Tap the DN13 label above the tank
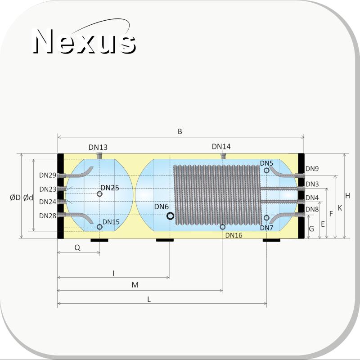pos(98,147)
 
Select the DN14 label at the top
pos(221,147)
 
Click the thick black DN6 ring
pos(170,216)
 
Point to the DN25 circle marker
pos(99,194)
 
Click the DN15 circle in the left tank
pos(99,227)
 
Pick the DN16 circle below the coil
pos(222,227)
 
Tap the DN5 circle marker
pos(266,171)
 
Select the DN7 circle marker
pos(266,217)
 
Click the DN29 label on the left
pos(48,175)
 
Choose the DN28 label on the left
pos(48,216)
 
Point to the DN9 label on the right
pos(312,169)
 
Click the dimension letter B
pos(180,131)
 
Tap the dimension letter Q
pos(77,248)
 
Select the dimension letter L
pos(149,299)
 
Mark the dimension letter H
pos(347,196)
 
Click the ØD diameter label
pos(15,198)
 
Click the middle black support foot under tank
pos(165,240)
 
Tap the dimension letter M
pos(135,285)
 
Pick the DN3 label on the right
pos(312,184)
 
